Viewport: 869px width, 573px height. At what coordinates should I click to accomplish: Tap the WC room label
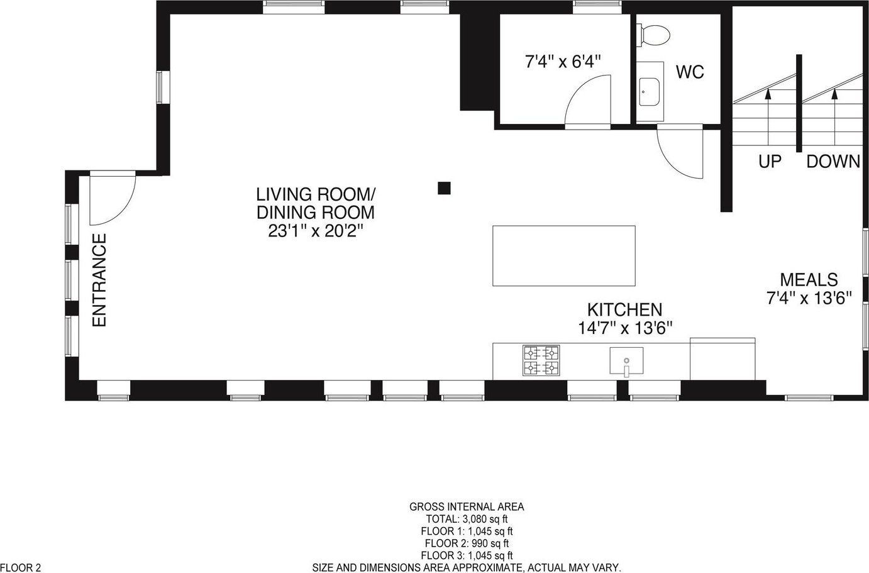[x=690, y=72]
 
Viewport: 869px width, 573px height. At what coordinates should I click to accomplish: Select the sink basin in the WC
[x=650, y=92]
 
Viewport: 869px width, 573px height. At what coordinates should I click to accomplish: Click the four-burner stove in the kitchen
[x=541, y=360]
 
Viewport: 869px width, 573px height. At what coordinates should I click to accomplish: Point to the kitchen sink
[x=626, y=361]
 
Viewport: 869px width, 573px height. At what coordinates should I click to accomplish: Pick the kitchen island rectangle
[x=564, y=255]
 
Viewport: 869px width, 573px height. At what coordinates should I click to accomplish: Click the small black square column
[x=444, y=188]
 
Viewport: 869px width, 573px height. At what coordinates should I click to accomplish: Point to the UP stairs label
[x=770, y=162]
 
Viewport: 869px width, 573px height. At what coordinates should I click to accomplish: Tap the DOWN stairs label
[x=833, y=162]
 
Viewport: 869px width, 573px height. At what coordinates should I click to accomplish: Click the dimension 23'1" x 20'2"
[x=316, y=231]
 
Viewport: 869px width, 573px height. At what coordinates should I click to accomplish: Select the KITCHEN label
[x=624, y=309]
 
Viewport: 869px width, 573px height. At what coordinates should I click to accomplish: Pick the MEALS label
[x=809, y=280]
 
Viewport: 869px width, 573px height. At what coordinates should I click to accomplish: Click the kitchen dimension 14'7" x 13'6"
[x=625, y=328]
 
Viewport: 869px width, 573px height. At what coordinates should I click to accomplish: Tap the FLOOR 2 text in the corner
[x=21, y=568]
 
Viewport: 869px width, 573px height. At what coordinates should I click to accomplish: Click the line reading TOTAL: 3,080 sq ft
[x=467, y=519]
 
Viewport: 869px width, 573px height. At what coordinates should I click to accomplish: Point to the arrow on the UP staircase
[x=768, y=117]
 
